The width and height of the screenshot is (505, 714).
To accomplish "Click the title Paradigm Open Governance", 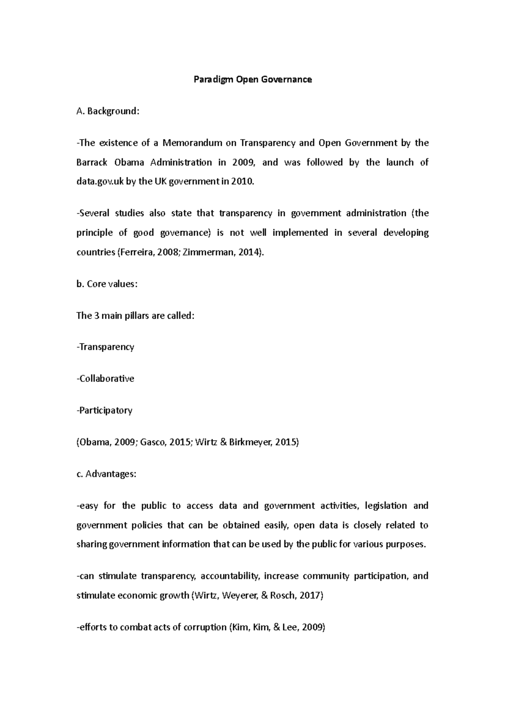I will pos(252,79).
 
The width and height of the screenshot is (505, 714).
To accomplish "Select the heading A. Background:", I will pos(107,111).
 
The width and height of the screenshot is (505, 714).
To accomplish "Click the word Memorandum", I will pos(192,143).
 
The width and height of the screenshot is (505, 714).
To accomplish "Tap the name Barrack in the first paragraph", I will pos(91,162).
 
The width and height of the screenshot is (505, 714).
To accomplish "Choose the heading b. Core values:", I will pos(107,284).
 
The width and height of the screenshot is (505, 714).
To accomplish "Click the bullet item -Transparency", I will pos(105,347).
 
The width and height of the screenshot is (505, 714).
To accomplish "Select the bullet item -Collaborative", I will pos(105,378).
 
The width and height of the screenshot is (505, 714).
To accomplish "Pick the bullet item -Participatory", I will pos(104,410).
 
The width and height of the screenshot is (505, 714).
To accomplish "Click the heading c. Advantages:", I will pos(106,474).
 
